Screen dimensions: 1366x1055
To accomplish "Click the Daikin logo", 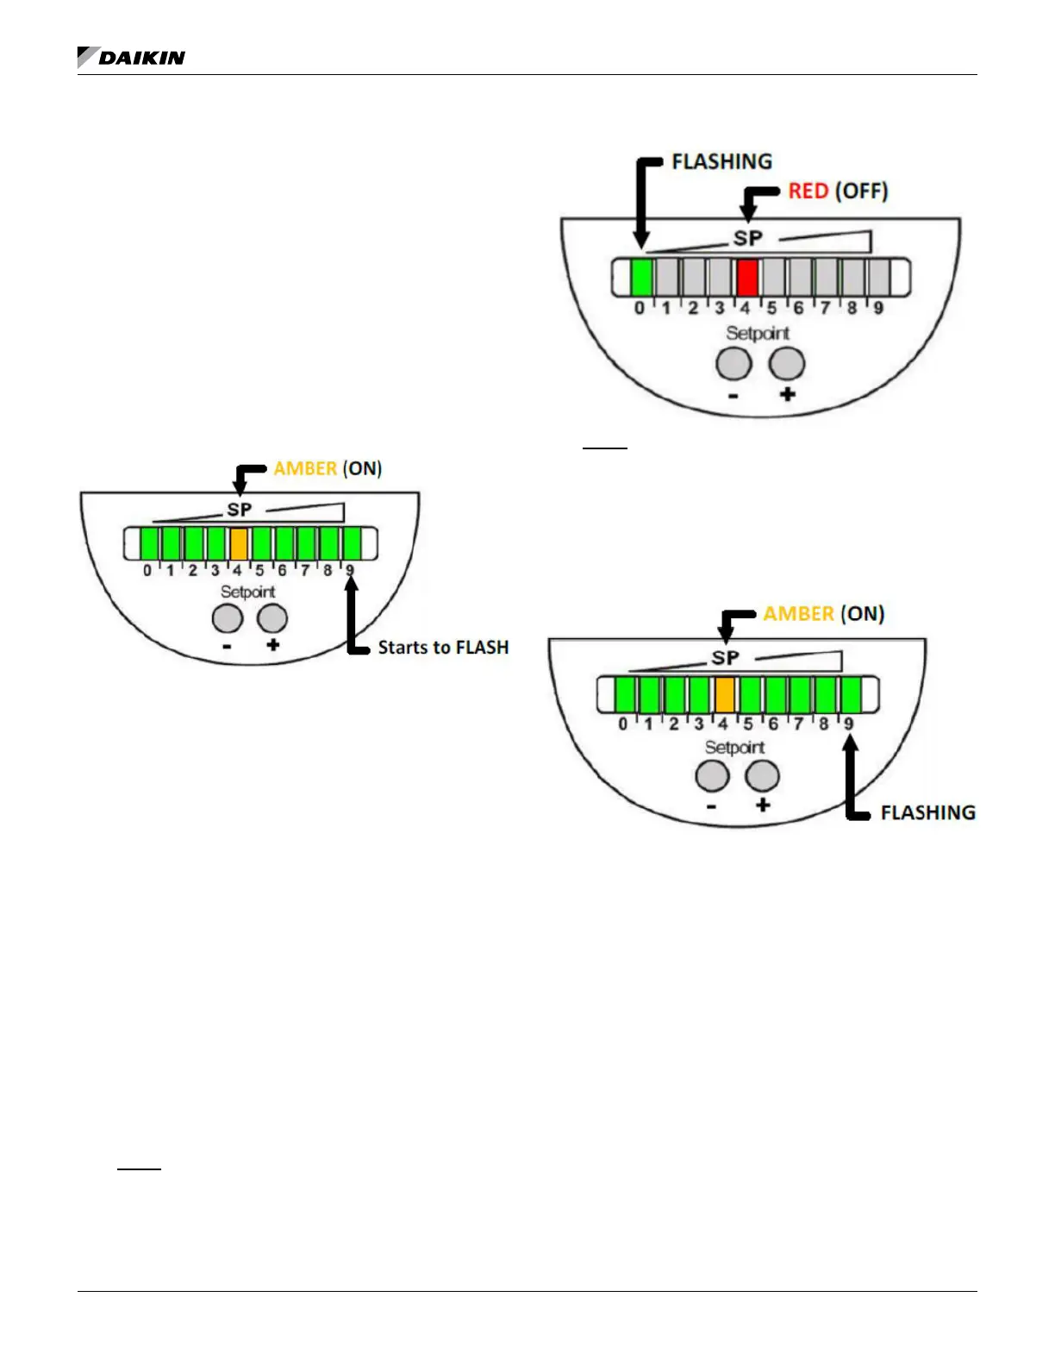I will (x=131, y=58).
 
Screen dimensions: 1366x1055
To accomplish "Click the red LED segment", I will (x=747, y=278).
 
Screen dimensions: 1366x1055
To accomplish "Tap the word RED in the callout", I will (x=808, y=191).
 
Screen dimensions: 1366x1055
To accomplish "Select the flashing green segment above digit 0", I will (x=641, y=278).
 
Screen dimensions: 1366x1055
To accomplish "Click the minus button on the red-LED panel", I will (x=734, y=363).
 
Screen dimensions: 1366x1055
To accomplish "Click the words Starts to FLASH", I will (x=443, y=648).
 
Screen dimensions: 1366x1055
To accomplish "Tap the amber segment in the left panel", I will (x=239, y=544).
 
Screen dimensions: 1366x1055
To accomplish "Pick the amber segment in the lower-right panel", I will (x=725, y=694).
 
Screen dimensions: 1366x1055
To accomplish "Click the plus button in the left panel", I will (x=272, y=618).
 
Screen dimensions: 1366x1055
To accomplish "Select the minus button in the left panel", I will (x=228, y=618).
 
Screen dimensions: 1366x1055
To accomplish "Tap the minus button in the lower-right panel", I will (x=712, y=776).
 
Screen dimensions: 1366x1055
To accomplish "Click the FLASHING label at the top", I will (x=721, y=162).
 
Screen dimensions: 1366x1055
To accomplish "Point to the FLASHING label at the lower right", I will (x=927, y=812).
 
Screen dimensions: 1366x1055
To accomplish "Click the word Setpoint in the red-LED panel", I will (x=757, y=333).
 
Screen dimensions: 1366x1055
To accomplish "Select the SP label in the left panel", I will (x=239, y=510).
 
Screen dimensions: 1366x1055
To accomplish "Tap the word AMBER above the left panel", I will (x=305, y=468).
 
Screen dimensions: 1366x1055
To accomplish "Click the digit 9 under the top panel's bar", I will (x=877, y=308).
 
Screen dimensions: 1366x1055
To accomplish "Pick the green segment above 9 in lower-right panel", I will (x=851, y=694).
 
